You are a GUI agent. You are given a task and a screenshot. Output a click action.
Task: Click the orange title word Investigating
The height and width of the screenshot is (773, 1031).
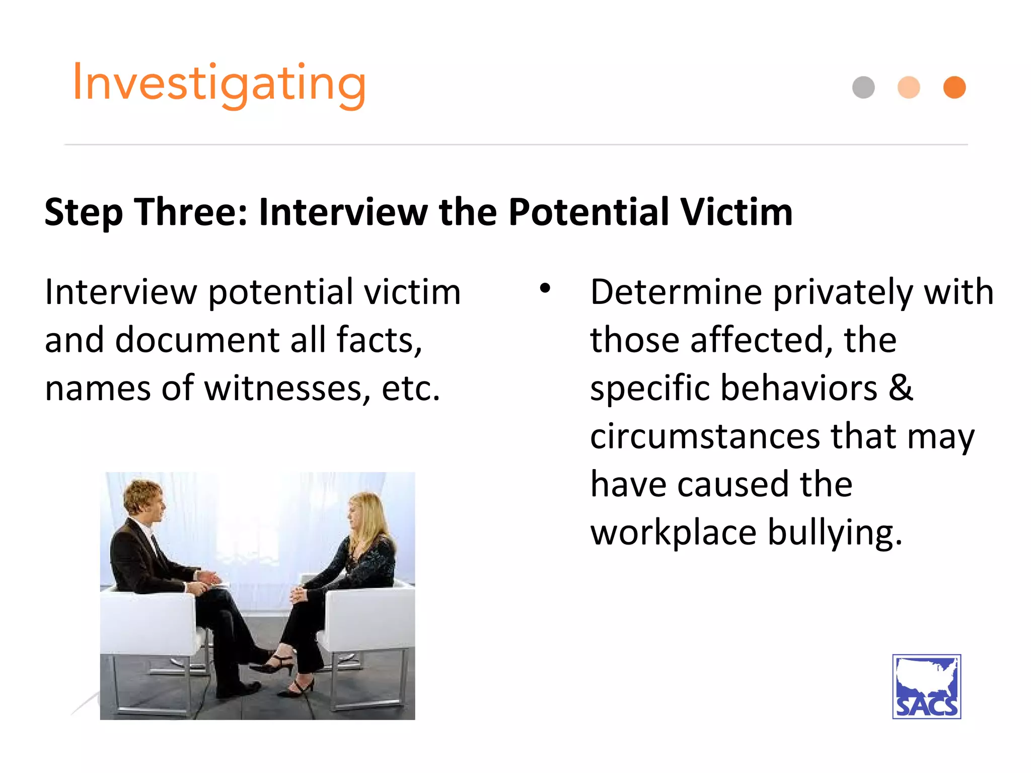[219, 83]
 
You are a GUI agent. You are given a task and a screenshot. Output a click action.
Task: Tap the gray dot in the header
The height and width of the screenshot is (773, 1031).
[863, 88]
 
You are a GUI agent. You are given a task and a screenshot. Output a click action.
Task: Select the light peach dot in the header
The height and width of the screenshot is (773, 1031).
[909, 88]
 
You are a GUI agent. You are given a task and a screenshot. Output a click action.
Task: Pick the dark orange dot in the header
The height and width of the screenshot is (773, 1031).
[954, 88]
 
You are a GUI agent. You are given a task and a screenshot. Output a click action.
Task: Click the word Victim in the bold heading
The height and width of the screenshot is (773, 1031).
[737, 212]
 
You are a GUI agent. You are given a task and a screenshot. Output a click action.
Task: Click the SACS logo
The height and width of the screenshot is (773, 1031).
[926, 686]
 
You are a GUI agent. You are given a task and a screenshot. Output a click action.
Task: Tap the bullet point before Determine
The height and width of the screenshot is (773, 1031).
[545, 288]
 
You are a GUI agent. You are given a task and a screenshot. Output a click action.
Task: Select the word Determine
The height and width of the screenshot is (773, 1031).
[676, 292]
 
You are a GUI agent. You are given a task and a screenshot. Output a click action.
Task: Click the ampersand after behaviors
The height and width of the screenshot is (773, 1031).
[901, 388]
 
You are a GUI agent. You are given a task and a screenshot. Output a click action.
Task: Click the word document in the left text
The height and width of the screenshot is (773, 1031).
[197, 340]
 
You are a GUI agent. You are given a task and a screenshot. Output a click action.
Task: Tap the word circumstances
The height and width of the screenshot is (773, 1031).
[705, 436]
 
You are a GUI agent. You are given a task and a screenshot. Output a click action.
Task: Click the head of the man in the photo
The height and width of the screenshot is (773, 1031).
[145, 501]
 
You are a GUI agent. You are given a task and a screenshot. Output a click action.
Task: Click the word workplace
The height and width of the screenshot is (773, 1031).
[674, 532]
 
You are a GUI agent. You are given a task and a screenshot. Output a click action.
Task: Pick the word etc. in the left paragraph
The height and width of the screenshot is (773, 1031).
[410, 389]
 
